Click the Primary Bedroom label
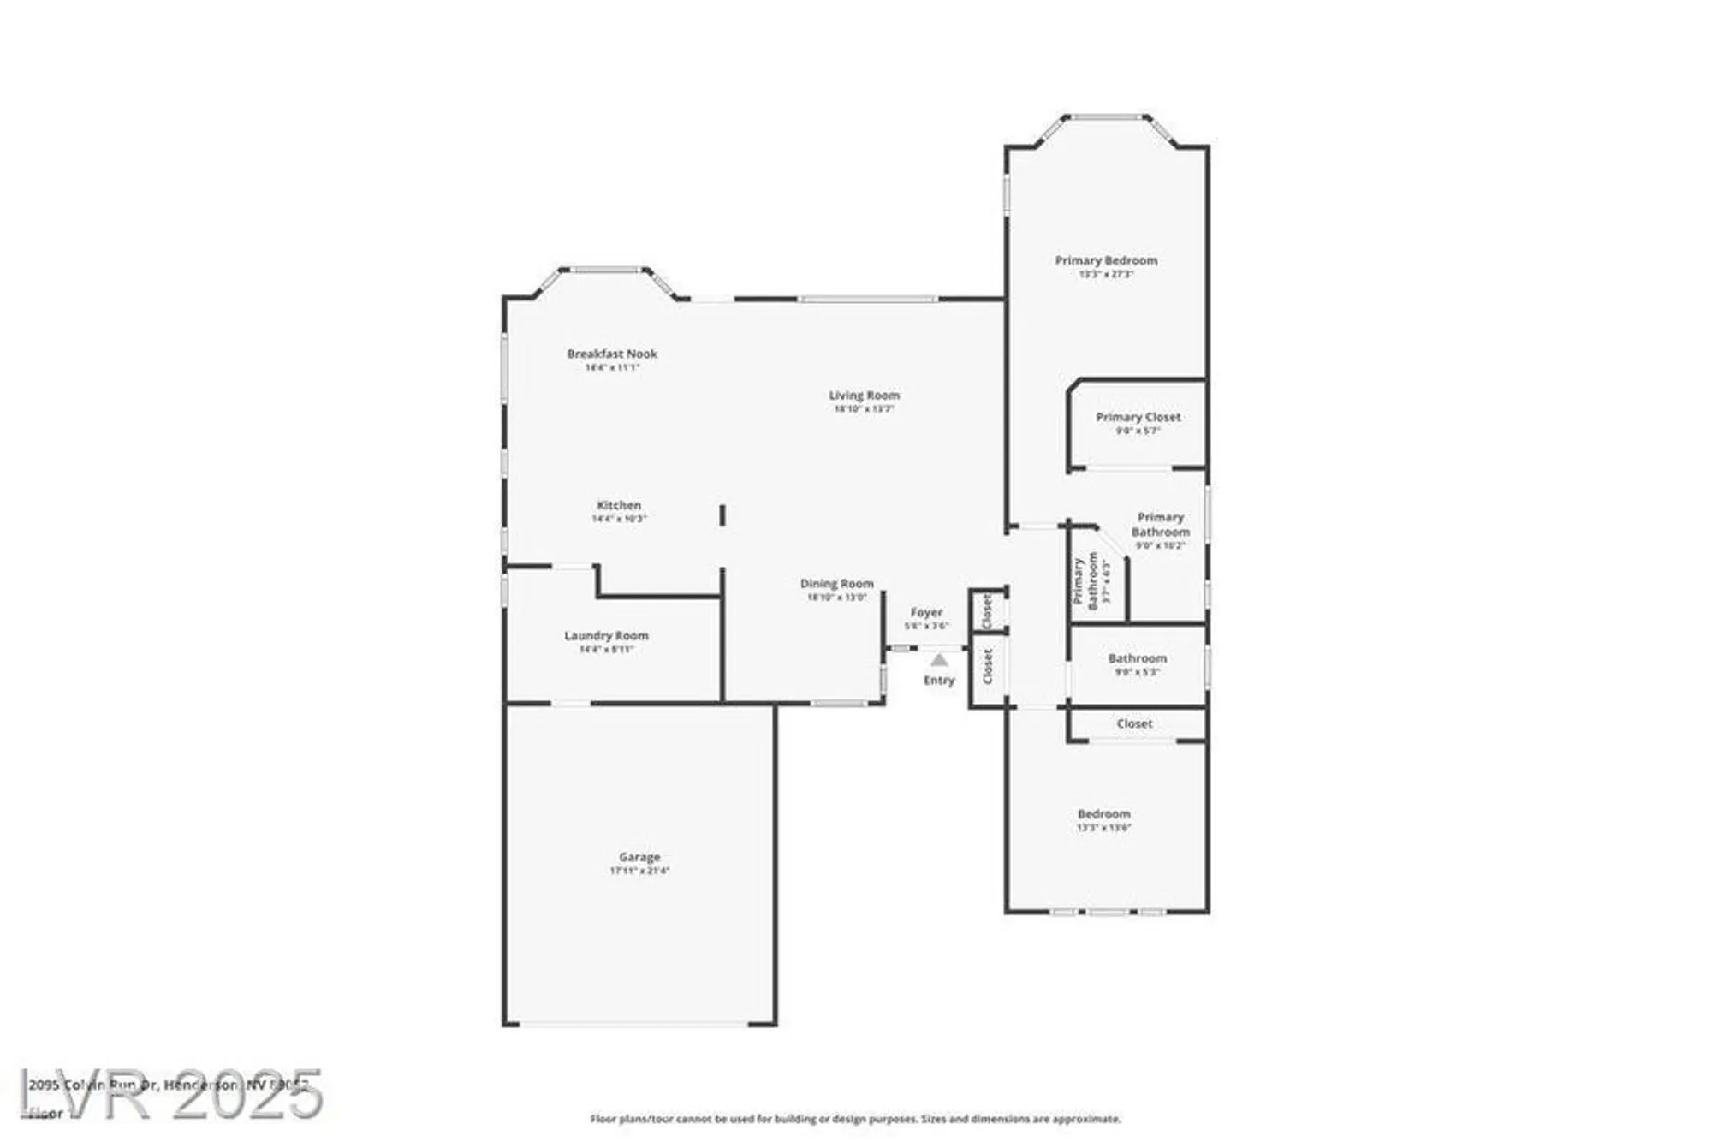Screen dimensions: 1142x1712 pos(1106,260)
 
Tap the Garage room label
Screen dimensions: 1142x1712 pos(639,857)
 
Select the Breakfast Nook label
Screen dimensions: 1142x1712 pos(612,354)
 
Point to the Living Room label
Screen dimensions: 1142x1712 pos(864,396)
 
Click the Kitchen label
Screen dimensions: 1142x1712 pos(619,505)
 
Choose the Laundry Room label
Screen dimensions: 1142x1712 pos(606,636)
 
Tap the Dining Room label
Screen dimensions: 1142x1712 pos(836,584)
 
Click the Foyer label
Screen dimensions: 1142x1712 pos(926,613)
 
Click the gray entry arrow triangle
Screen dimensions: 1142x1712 pos(939,660)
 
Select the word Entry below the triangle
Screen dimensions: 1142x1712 pos(939,681)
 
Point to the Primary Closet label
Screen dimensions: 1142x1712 pos(1138,418)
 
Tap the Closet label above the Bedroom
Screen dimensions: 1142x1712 pos(1134,724)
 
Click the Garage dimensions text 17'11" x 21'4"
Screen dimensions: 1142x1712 pos(639,871)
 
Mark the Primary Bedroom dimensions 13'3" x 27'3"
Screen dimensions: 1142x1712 pos(1106,275)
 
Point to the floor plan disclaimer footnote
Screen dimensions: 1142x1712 pos(855,1119)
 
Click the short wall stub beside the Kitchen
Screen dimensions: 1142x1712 pos(722,515)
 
